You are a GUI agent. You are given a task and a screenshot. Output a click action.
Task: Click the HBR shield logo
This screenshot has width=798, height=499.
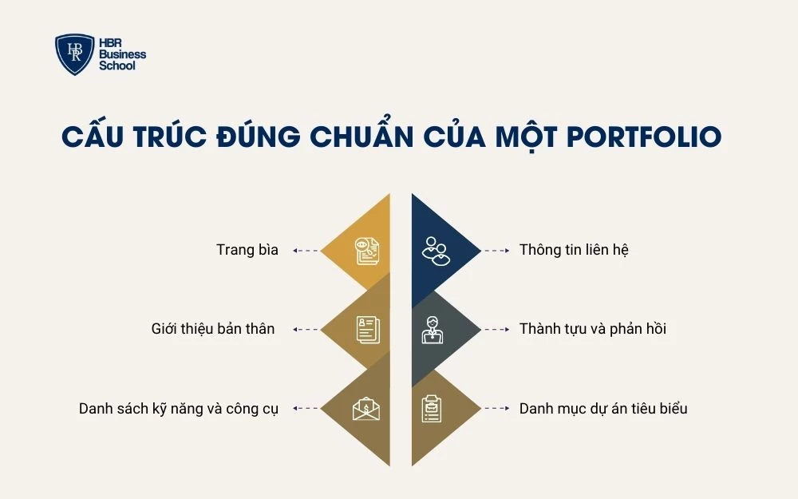[75, 54]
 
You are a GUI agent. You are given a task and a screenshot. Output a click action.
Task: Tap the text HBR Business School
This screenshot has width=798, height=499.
[122, 54]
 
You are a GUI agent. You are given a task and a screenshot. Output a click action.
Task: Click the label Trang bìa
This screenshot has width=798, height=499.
[247, 250]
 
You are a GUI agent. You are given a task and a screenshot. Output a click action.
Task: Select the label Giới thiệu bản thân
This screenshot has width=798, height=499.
[213, 329]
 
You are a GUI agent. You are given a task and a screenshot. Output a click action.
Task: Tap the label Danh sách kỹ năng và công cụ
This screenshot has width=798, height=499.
[179, 409]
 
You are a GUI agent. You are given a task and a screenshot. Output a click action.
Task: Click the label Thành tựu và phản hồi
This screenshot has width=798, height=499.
[592, 329]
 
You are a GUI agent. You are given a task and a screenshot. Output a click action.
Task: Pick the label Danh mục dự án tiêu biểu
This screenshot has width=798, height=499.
[603, 409]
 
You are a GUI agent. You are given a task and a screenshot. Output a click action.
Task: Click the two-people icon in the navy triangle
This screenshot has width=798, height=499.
[435, 250]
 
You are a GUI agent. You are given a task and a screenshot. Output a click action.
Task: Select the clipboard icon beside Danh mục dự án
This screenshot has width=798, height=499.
[432, 409]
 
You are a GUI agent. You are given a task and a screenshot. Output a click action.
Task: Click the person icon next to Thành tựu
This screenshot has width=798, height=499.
[432, 329]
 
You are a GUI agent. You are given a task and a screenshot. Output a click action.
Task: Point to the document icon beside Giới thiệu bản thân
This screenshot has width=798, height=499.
[367, 329]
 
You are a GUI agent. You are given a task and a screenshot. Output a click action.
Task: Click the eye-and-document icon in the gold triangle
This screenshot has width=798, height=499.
[367, 250]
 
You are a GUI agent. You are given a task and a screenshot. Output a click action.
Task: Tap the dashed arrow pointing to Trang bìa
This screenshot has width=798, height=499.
[306, 250]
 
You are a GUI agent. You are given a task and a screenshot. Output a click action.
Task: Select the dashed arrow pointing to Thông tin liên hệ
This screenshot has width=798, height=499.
[496, 250]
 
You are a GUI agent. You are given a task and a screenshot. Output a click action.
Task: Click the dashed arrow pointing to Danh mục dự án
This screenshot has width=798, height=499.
[496, 409]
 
